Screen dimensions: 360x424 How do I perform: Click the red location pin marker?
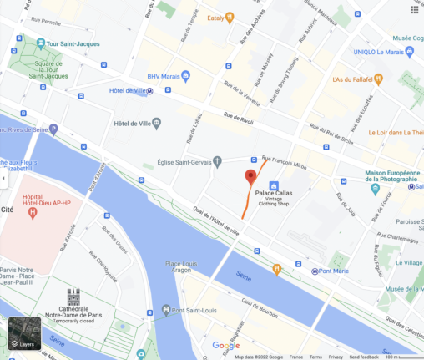[250, 177]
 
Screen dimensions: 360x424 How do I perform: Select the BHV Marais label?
[164, 76]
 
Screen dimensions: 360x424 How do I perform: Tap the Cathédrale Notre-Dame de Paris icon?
[73, 297]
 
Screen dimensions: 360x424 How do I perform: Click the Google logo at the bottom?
[225, 346]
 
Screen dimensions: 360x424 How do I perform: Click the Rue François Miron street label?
[285, 159]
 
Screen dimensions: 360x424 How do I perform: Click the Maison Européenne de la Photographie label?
[394, 176]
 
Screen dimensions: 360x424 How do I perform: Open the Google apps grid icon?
[414, 9]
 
